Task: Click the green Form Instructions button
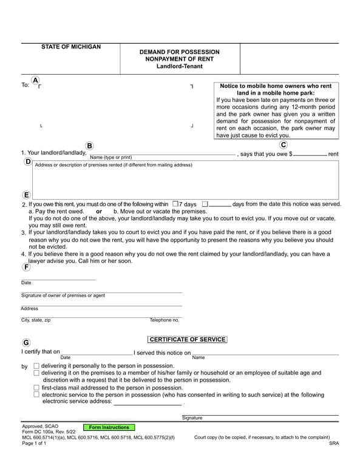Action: [109, 427]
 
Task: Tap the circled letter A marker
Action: [35, 80]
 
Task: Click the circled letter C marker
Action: [284, 144]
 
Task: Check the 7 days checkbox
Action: [175, 204]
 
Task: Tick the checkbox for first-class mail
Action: [36, 387]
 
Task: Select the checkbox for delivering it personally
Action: [36, 366]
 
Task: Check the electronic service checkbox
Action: [36, 394]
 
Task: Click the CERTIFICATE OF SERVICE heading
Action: [187, 340]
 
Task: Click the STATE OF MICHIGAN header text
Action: [71, 47]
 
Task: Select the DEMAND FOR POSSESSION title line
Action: [179, 52]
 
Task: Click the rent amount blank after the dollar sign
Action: [310, 154]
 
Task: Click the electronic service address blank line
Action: [148, 402]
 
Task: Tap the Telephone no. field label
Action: [165, 320]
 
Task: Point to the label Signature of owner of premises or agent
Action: [63, 295]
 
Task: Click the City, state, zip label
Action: [36, 320]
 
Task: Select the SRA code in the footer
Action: [334, 444]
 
